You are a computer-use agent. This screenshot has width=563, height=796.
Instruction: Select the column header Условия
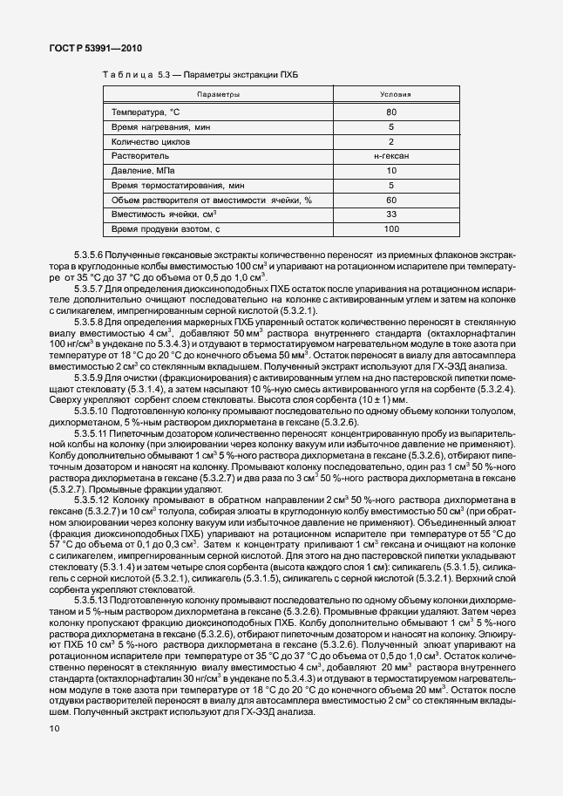coord(391,93)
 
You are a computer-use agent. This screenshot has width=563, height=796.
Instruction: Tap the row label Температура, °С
coord(146,112)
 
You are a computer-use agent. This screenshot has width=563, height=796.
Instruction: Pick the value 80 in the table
coord(391,112)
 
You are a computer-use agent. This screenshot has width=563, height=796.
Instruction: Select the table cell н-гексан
coord(391,155)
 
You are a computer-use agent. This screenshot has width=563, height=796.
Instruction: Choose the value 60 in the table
coord(391,200)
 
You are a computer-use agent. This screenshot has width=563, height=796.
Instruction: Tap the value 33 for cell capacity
coord(391,214)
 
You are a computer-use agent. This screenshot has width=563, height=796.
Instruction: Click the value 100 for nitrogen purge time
coord(391,228)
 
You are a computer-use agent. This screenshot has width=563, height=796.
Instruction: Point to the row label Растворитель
coord(139,155)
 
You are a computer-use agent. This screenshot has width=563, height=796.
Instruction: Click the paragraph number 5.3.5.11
coord(91,433)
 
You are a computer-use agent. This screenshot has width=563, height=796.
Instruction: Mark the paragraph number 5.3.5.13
coord(92,613)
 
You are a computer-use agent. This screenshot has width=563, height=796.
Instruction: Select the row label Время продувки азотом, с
coord(162,228)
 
